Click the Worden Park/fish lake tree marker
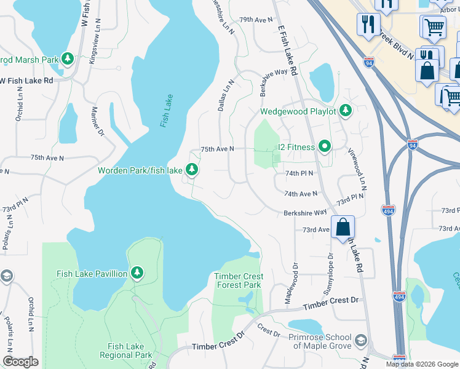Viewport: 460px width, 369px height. pos(192,169)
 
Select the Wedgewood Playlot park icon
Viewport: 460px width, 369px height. pos(346,111)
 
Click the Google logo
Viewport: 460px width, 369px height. pos(20,362)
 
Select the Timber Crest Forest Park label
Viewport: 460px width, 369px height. pos(237,280)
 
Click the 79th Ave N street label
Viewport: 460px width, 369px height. pos(255,20)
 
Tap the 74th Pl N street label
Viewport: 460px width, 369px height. pos(299,173)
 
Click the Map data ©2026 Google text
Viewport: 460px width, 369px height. pos(422,364)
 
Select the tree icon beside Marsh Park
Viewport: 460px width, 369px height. pos(68,59)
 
